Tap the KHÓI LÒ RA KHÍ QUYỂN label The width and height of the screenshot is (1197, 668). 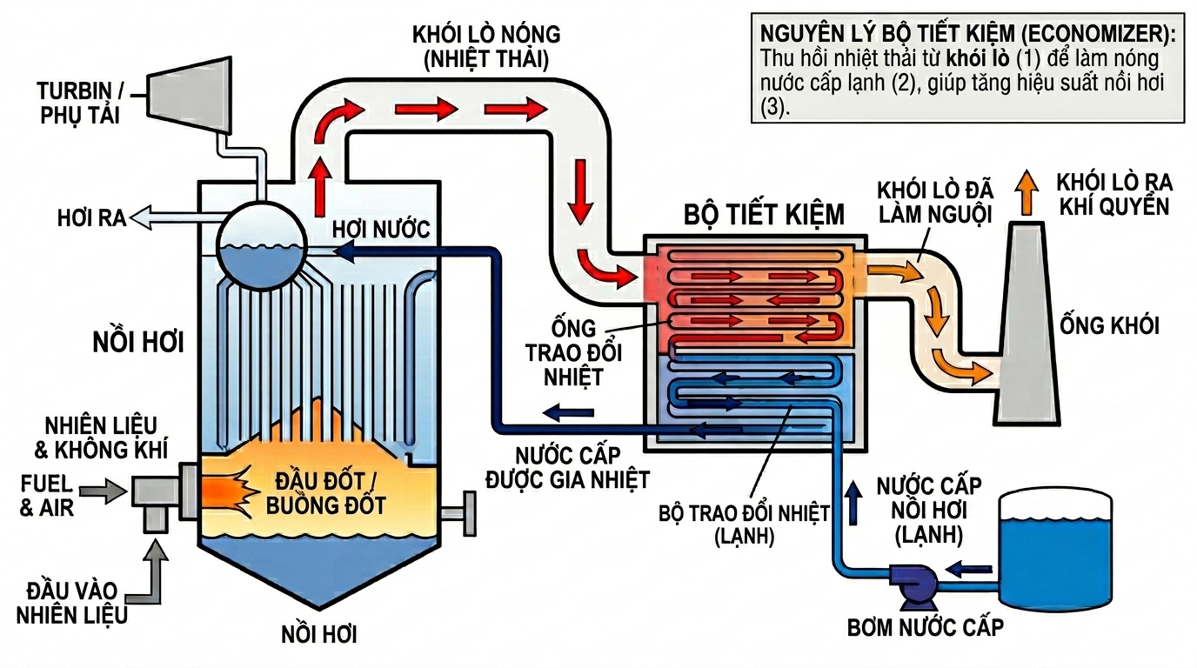[1113, 194]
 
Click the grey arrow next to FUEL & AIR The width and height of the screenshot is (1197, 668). [108, 491]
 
